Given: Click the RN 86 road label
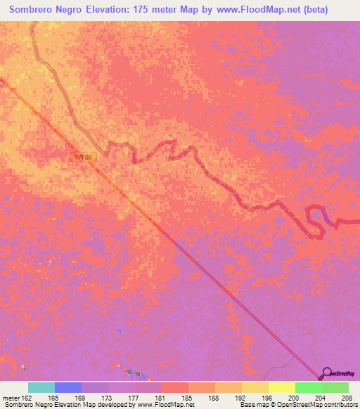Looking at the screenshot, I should coord(84,157).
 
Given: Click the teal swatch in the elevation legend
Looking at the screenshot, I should coord(41,387).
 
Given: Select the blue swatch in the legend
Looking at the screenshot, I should coord(68,387).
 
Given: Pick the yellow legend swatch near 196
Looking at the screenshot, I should coord(255,387).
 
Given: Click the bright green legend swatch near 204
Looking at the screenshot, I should coord(309,387).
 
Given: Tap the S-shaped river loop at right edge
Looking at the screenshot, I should coord(317,219).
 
